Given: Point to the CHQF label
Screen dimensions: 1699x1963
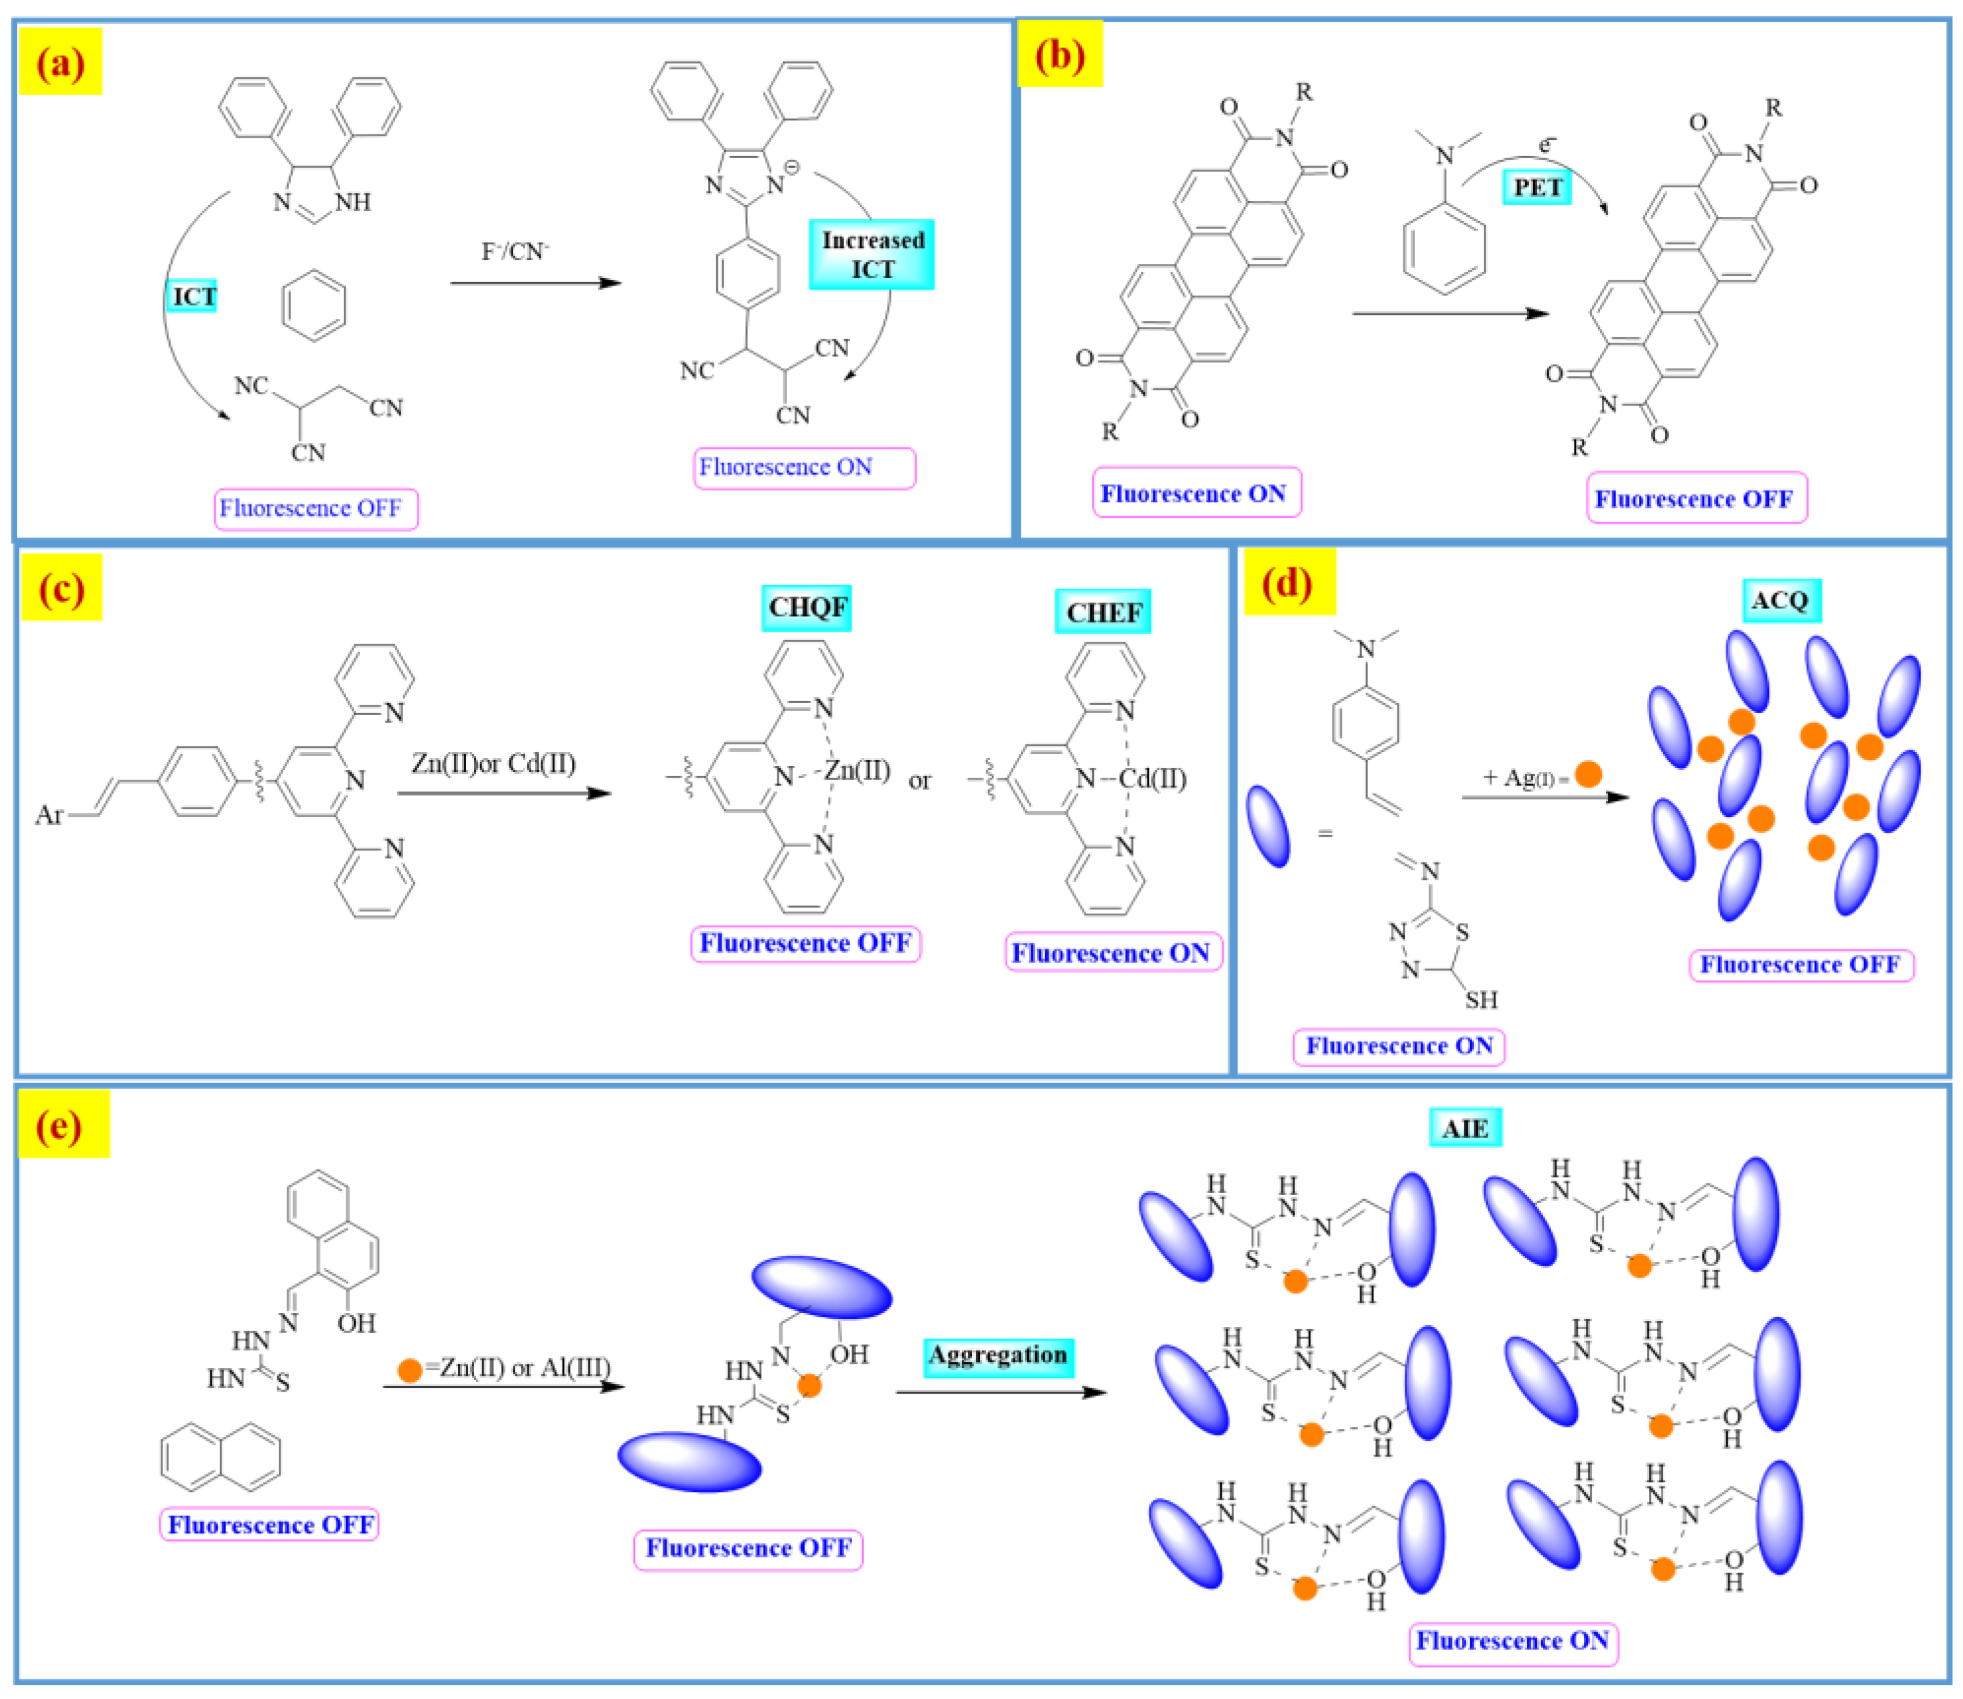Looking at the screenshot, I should pyautogui.click(x=807, y=608).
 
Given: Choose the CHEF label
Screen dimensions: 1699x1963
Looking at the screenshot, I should pyautogui.click(x=1103, y=613).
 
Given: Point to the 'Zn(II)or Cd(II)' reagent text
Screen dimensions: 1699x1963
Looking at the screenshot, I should pyautogui.click(x=493, y=763).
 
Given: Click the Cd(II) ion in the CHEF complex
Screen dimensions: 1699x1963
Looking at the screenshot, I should pyautogui.click(x=1152, y=778).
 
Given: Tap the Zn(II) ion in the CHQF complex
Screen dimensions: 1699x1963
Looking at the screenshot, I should pyautogui.click(x=857, y=770).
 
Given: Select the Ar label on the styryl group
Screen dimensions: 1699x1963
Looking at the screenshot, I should pyautogui.click(x=49, y=814).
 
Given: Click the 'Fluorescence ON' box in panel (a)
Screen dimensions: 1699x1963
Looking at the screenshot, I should pyautogui.click(x=804, y=467).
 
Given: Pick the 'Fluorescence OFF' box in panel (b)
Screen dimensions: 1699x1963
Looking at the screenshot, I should pyautogui.click(x=1696, y=499).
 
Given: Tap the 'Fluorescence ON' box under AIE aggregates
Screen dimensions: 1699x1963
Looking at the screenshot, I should pyautogui.click(x=1513, y=1640).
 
